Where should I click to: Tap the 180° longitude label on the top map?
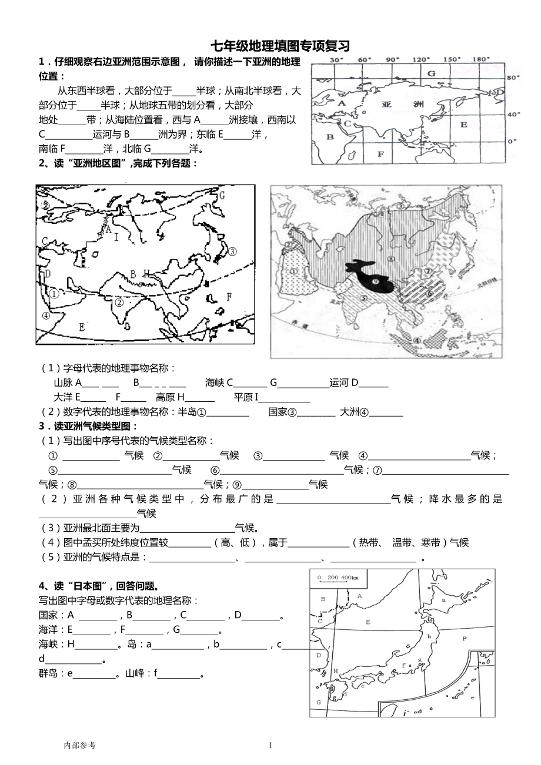[480, 59]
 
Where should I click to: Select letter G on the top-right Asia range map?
[431, 73]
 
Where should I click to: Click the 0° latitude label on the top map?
[511, 141]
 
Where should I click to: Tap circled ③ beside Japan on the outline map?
[232, 251]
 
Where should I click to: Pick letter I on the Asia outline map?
[116, 237]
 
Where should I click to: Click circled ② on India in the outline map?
[119, 303]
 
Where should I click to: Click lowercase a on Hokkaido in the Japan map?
[443, 600]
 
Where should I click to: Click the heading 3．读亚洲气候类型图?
[88, 426]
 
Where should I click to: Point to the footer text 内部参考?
[79, 745]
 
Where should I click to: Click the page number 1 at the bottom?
[270, 745]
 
